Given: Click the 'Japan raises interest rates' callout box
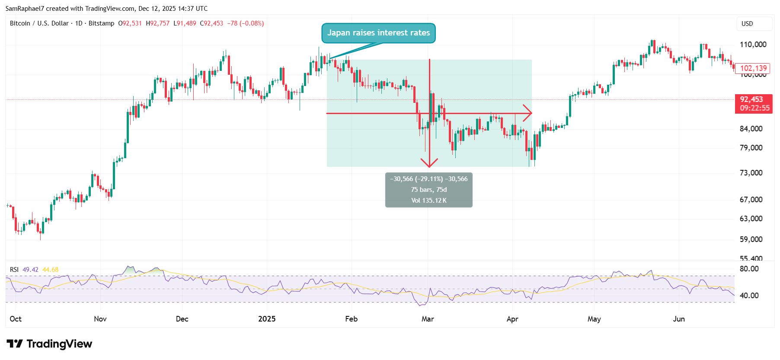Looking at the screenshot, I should [x=378, y=33].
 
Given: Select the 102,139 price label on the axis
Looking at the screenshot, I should [x=753, y=68].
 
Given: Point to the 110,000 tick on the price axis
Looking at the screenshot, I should [x=753, y=45].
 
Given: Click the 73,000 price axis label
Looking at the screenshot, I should [x=751, y=173].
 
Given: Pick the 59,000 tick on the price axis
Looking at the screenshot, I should [x=751, y=239].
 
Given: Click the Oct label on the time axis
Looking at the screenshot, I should [x=16, y=319].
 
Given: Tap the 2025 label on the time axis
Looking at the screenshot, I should [x=267, y=319].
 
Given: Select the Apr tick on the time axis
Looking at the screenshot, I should [x=512, y=319].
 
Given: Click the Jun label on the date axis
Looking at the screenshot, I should [x=679, y=319].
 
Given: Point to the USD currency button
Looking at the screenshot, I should [x=747, y=24].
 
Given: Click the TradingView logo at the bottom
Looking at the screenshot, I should [x=49, y=344].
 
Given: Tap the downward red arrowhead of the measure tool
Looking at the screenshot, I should [x=429, y=163].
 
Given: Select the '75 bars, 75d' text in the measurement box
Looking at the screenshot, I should [x=429, y=190].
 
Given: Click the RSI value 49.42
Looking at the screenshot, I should [x=30, y=270].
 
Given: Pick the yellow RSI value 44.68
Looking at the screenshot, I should [x=50, y=270].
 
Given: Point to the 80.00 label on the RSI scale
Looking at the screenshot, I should [x=749, y=269].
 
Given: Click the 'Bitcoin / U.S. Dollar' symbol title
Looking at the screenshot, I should [x=39, y=23].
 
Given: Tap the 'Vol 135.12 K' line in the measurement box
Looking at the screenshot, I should [x=429, y=201].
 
